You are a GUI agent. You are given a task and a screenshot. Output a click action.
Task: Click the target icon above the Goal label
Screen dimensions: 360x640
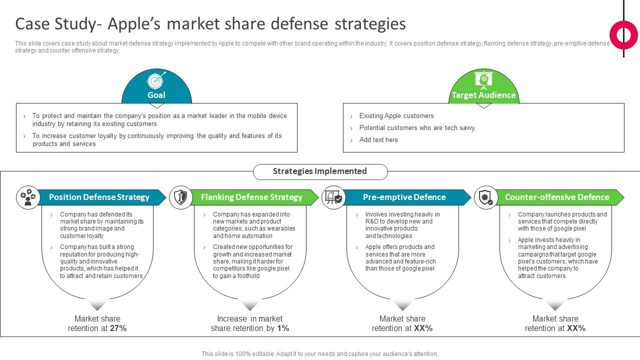pyautogui.click(x=156, y=80)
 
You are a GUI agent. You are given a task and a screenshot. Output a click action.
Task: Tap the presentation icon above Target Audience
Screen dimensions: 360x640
pyautogui.click(x=483, y=80)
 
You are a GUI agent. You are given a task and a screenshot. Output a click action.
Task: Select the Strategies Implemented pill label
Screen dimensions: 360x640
pyautogui.click(x=320, y=171)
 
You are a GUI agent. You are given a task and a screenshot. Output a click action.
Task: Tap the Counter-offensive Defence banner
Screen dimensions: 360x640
pyautogui.click(x=557, y=197)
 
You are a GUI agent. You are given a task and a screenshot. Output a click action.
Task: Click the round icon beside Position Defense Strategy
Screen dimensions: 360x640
pyautogui.click(x=28, y=197)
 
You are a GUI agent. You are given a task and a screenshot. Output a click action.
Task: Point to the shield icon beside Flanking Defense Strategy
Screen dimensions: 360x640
pyautogui.click(x=180, y=197)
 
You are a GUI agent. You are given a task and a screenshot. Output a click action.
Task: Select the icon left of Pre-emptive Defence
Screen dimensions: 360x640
pyautogui.click(x=333, y=197)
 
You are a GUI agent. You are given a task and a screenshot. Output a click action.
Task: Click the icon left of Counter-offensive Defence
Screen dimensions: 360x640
pyautogui.click(x=486, y=197)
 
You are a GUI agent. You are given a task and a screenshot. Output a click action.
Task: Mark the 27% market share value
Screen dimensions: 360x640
pyautogui.click(x=118, y=328)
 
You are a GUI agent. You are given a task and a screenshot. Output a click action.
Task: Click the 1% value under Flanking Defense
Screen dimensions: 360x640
pyautogui.click(x=283, y=328)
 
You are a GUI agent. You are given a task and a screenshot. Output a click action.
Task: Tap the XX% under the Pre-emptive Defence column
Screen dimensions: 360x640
pyautogui.click(x=423, y=328)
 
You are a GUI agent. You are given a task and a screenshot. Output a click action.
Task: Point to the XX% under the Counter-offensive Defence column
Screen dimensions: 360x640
pyautogui.click(x=576, y=328)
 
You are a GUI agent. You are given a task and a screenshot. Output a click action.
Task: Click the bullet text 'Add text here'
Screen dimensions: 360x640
pyautogui.click(x=378, y=140)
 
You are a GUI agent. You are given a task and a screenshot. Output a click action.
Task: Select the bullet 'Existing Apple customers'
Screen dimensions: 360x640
pyautogui.click(x=396, y=116)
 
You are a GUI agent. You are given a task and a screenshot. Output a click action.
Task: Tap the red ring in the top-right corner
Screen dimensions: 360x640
pyautogui.click(x=623, y=35)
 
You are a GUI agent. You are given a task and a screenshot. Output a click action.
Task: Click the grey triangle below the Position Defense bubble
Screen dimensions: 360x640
pyautogui.click(x=98, y=305)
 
